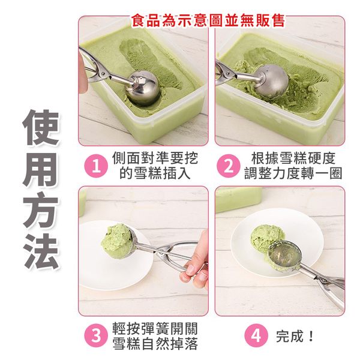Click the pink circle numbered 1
coord(96,166)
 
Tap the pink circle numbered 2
coord(229,166)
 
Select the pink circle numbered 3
coord(96,335)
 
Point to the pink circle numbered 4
coord(256,335)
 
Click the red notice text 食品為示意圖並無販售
coord(208,20)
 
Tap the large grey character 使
coord(41,127)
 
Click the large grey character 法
coord(41,251)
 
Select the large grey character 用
coord(41,169)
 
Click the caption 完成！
coord(295,336)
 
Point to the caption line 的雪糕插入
coord(155,173)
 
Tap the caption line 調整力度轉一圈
coord(293,173)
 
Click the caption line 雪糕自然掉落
coord(155,344)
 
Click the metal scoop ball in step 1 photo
coord(143,88)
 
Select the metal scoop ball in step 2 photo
coord(271,81)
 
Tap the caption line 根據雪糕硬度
coord(293,158)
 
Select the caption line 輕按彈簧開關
coord(155,329)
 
